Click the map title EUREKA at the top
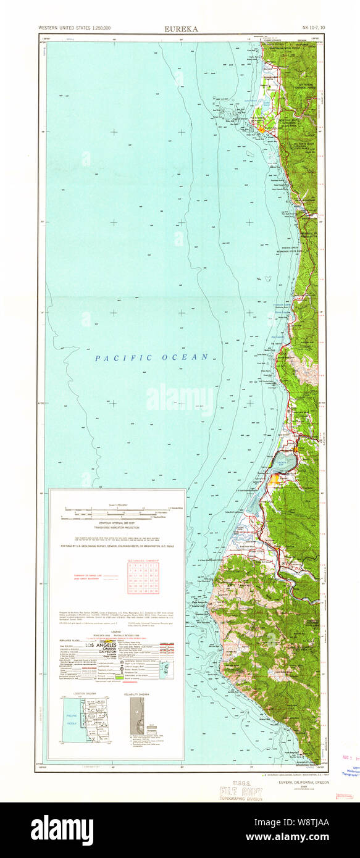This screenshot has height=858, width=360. click(x=180, y=28)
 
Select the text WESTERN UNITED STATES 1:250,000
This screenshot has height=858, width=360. click(x=75, y=28)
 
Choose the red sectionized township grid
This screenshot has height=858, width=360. click(x=143, y=578)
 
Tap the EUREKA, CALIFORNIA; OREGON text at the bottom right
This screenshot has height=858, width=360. click(x=304, y=781)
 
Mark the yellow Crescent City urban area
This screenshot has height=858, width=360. click(x=262, y=129)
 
